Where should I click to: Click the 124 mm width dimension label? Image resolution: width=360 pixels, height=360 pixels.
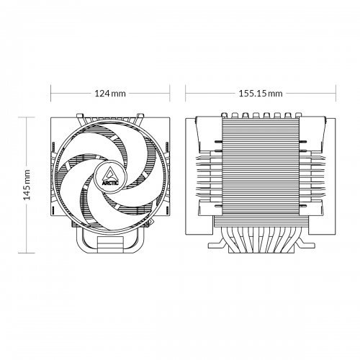click(x=109, y=94)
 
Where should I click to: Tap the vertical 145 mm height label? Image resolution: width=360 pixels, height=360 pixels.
click(x=27, y=184)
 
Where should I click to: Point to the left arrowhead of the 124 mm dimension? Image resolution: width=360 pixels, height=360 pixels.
click(x=52, y=94)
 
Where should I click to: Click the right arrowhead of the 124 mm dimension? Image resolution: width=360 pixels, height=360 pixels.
click(x=168, y=94)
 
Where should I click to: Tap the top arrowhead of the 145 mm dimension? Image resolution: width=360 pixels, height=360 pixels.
click(x=27, y=117)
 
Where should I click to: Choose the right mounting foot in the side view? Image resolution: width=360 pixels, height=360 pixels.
click(x=305, y=245)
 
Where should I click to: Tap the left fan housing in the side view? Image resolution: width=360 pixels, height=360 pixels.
click(x=201, y=173)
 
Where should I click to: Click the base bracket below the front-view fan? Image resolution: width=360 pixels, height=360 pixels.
click(x=109, y=241)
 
